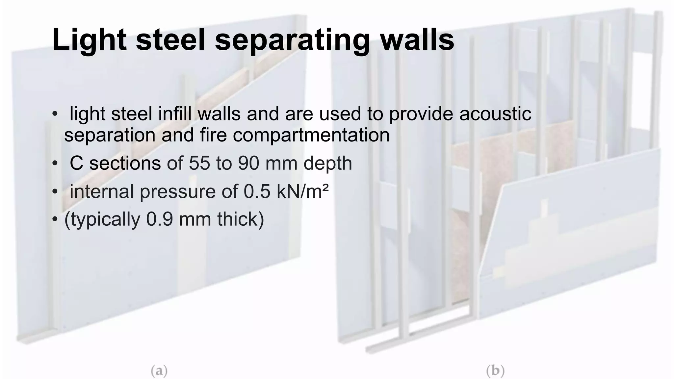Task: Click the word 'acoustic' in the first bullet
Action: coord(495,114)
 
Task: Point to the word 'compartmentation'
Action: coord(315,135)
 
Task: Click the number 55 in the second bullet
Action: coord(199,163)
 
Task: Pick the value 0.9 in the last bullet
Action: coord(159,219)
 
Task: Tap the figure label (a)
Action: coord(159,371)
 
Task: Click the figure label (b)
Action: coord(495,371)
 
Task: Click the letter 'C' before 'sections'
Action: coord(76,163)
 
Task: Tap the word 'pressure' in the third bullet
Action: coord(178,192)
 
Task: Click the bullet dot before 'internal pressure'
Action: coord(55,191)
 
